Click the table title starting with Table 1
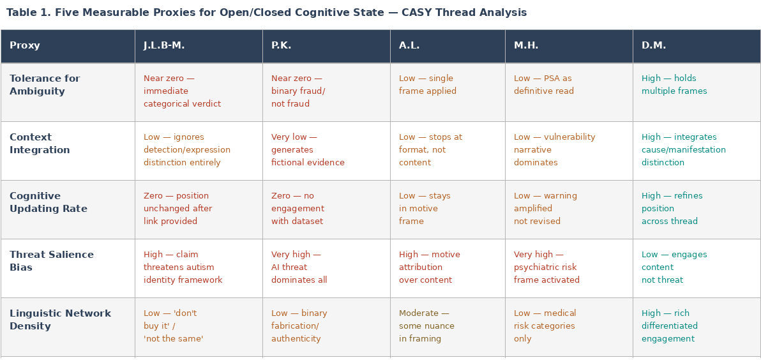(266, 13)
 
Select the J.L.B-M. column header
(164, 46)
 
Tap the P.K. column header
(281, 46)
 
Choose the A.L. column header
(409, 46)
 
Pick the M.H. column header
(526, 46)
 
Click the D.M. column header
(654, 46)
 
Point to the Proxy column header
(25, 46)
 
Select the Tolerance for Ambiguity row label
(45, 85)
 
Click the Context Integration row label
(40, 144)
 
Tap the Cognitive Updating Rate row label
(48, 202)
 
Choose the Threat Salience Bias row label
(51, 261)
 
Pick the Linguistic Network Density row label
(60, 320)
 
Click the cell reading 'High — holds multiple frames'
(674, 85)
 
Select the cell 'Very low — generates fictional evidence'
(308, 150)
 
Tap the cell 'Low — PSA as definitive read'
(544, 85)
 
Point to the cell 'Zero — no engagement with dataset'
(298, 209)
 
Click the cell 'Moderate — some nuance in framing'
(426, 326)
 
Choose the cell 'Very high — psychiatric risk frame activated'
(546, 267)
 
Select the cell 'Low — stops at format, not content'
(430, 150)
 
